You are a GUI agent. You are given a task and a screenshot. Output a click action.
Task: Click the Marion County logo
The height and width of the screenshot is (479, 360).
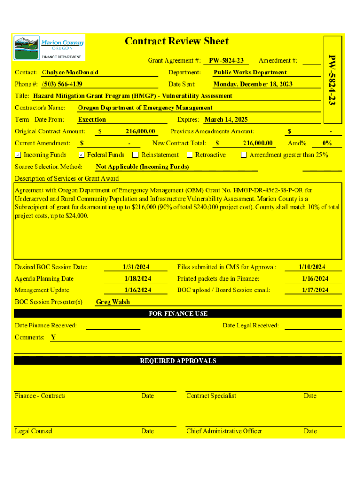(x=49, y=47)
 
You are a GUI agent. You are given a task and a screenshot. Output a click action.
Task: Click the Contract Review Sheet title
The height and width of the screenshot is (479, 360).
(x=177, y=42)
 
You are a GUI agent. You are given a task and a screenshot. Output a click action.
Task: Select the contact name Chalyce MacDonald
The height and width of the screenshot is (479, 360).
(x=70, y=73)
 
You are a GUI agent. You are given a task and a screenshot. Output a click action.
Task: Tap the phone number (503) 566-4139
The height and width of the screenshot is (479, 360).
(x=62, y=84)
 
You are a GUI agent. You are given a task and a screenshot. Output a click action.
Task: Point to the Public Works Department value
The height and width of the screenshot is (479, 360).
(x=250, y=73)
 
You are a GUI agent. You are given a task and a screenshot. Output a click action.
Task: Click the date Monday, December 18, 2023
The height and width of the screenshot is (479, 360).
(x=253, y=84)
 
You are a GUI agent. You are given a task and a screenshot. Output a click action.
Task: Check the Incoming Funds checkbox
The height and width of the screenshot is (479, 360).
(x=18, y=155)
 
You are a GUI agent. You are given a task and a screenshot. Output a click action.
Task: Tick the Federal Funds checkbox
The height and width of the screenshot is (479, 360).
(x=81, y=155)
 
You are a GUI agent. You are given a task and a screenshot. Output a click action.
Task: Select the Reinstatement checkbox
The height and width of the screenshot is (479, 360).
(x=136, y=155)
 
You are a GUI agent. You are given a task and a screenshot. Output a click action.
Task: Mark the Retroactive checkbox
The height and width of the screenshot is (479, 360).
(x=190, y=155)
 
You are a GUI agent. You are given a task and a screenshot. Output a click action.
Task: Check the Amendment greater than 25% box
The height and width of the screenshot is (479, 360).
(x=244, y=155)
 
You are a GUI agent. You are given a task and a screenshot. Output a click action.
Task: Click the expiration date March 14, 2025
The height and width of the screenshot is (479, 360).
(x=226, y=120)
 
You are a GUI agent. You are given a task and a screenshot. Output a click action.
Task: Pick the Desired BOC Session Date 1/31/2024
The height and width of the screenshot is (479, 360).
(x=136, y=267)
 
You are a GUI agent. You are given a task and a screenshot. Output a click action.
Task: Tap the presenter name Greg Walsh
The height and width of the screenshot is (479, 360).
(x=113, y=302)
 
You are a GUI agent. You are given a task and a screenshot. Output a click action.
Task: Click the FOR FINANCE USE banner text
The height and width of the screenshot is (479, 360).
(x=178, y=313)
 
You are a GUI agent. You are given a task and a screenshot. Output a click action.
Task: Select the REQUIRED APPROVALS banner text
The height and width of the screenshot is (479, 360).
(x=178, y=361)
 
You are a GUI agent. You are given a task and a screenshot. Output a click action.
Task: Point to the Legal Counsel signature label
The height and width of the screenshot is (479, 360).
(x=34, y=431)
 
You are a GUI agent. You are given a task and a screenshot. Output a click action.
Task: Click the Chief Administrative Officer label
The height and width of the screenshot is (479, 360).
(x=224, y=431)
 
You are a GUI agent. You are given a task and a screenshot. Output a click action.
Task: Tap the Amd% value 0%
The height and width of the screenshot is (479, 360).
(x=327, y=143)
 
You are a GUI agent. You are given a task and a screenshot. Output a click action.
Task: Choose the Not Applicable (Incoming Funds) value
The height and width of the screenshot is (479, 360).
(x=142, y=167)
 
